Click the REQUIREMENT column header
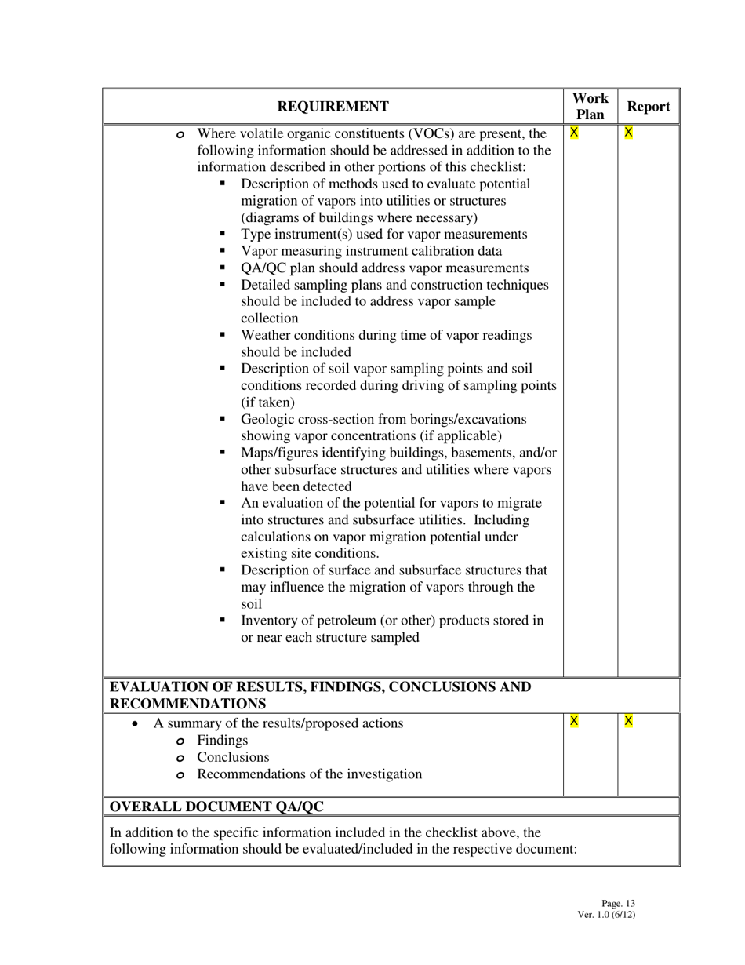333,107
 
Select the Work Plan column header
591,107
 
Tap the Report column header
649,107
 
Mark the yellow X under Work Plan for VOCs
574,133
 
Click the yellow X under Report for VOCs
628,133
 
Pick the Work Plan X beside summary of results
574,721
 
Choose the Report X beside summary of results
628,721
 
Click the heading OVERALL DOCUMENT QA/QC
216,807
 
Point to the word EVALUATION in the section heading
154,687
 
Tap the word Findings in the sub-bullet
222,741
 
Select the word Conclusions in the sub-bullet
233,757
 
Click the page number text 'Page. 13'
618,904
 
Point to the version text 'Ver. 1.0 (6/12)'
605,914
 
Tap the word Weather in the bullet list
266,335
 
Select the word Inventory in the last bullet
269,621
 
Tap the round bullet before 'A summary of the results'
136,724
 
